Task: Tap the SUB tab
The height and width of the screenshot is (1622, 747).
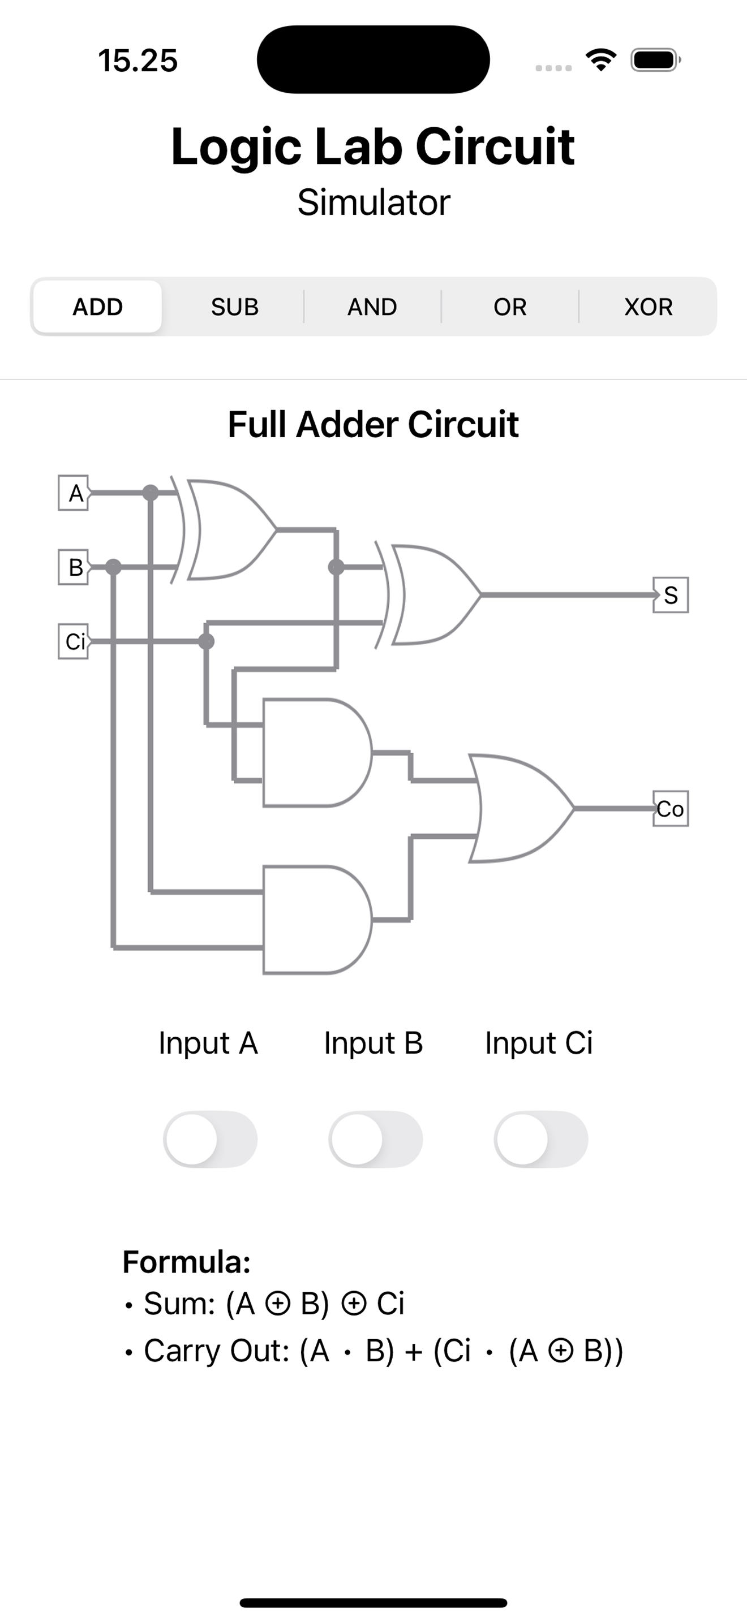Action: point(235,307)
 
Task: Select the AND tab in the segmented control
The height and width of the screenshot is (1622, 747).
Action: point(372,307)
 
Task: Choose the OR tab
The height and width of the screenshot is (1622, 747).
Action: point(509,307)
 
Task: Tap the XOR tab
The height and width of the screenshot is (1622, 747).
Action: point(648,307)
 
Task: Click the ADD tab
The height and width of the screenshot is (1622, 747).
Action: point(98,307)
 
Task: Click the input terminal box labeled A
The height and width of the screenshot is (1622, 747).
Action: point(74,493)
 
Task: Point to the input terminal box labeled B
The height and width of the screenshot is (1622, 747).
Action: point(74,567)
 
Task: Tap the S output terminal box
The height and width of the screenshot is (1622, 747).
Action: point(671,594)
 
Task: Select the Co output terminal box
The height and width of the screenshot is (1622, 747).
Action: point(671,809)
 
